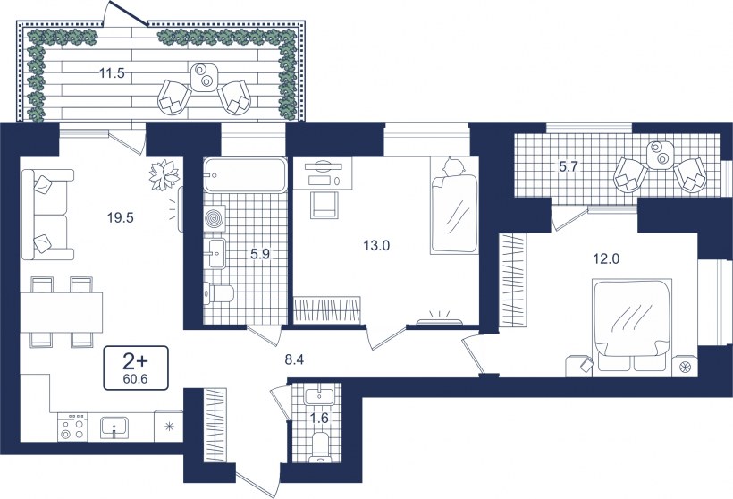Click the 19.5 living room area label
120,217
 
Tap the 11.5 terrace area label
112,73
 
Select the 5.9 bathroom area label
260,254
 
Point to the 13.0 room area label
376,245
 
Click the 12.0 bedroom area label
606,258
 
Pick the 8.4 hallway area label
294,359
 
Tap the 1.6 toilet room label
319,419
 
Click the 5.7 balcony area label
569,166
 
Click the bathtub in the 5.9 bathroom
245,175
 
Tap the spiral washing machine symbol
215,218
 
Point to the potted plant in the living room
164,175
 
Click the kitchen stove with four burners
73,427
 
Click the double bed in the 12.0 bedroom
633,327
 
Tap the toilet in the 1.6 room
320,447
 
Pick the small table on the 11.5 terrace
205,77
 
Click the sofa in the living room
47,215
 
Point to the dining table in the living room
62,312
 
